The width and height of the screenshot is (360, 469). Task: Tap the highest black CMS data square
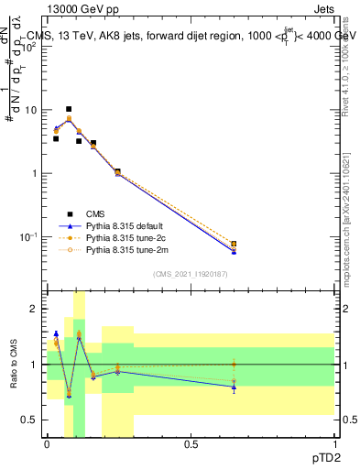point(69,109)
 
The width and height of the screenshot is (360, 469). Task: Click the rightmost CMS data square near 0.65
point(234,245)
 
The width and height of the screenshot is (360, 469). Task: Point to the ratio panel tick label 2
point(34,310)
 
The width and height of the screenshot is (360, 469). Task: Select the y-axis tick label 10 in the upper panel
point(29,111)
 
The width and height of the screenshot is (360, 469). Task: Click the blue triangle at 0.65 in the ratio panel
point(234,387)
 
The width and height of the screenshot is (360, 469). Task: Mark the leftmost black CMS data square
point(56,138)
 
